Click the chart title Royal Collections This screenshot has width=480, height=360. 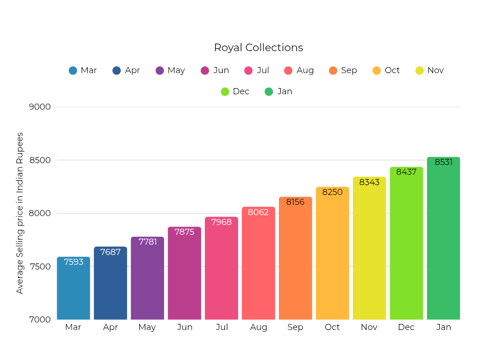(x=258, y=48)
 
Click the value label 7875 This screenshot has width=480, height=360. (x=184, y=232)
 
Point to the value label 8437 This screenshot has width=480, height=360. (x=406, y=172)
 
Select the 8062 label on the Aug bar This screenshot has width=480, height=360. (x=258, y=212)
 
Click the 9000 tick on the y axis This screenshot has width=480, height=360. (x=40, y=107)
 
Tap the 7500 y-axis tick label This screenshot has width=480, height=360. (x=40, y=267)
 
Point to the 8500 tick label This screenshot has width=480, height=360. (x=40, y=160)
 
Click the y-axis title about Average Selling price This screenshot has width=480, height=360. (x=20, y=213)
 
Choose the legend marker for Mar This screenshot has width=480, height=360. (x=73, y=71)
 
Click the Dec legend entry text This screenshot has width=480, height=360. (x=241, y=91)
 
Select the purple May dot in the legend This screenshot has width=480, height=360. (x=160, y=71)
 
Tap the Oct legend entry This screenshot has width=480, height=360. (x=392, y=70)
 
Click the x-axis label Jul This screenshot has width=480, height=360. (x=222, y=327)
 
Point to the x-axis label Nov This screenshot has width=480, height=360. (x=369, y=327)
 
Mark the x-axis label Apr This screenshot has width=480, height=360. (x=110, y=327)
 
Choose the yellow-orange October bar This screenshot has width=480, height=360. (x=332, y=258)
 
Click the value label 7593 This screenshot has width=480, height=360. (x=74, y=262)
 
